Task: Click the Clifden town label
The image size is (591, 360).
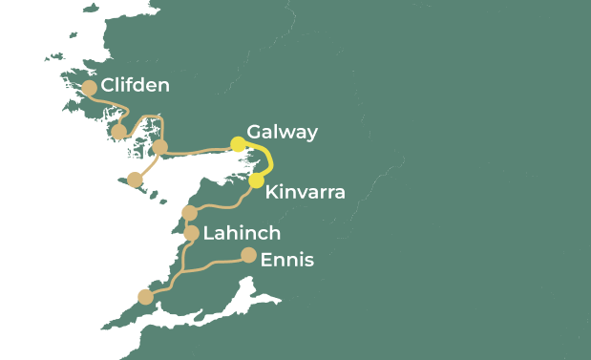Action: click(135, 86)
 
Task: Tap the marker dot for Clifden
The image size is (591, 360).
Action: click(89, 88)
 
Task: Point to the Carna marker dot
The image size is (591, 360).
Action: click(119, 133)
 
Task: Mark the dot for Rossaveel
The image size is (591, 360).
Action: click(160, 147)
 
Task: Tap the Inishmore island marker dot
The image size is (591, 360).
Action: click(135, 180)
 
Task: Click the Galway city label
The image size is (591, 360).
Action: click(282, 132)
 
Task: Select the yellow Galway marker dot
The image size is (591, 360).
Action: click(239, 145)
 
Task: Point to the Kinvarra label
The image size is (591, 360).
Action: click(305, 192)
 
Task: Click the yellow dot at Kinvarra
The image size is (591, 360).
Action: click(256, 180)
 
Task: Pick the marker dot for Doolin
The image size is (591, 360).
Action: click(189, 213)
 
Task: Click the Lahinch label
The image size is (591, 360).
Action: click(242, 233)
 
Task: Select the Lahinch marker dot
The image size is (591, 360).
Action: click(191, 233)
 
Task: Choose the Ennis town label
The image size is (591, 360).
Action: click(286, 259)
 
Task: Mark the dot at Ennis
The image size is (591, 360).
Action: click(248, 255)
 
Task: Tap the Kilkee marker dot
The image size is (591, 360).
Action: click(145, 297)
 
